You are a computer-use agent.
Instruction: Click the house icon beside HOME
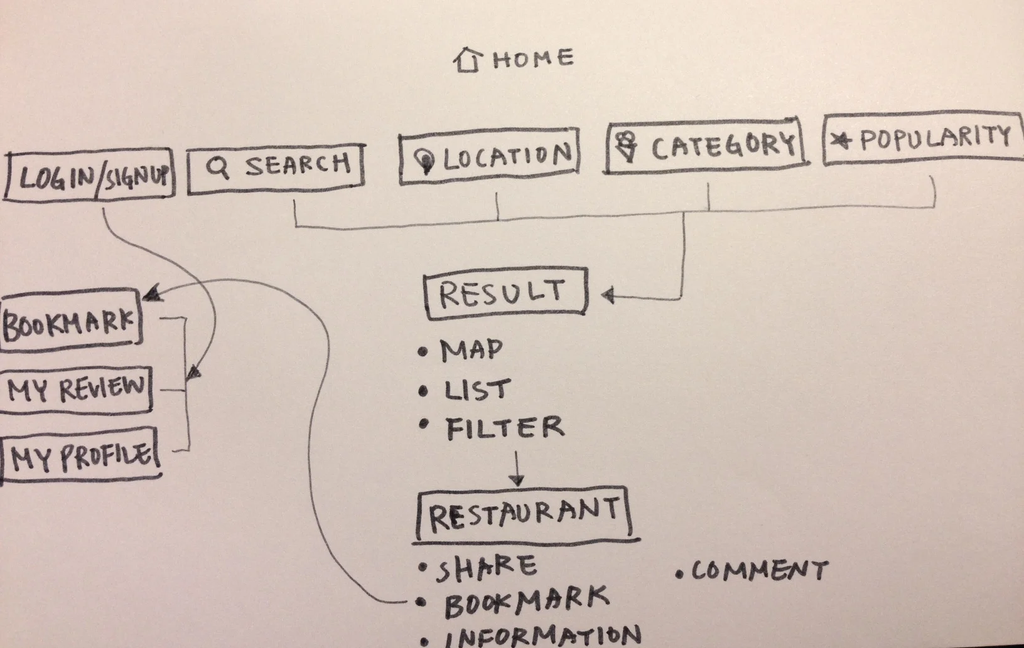[x=467, y=60]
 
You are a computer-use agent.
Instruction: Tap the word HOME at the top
[x=533, y=59]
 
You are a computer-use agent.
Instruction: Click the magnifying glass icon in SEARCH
[x=218, y=167]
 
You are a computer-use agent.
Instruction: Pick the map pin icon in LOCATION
[x=425, y=161]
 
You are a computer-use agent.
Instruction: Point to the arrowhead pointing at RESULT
[x=607, y=295]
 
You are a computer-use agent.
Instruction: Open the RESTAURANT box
[x=524, y=514]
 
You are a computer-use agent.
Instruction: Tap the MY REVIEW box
[x=75, y=389]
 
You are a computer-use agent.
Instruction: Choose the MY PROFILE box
[x=80, y=457]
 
